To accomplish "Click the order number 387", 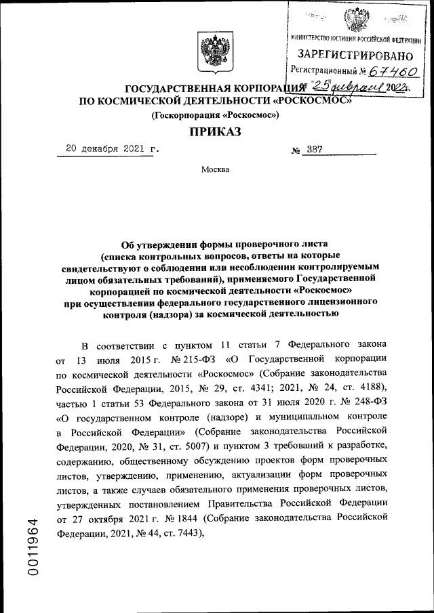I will tap(315, 150).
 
